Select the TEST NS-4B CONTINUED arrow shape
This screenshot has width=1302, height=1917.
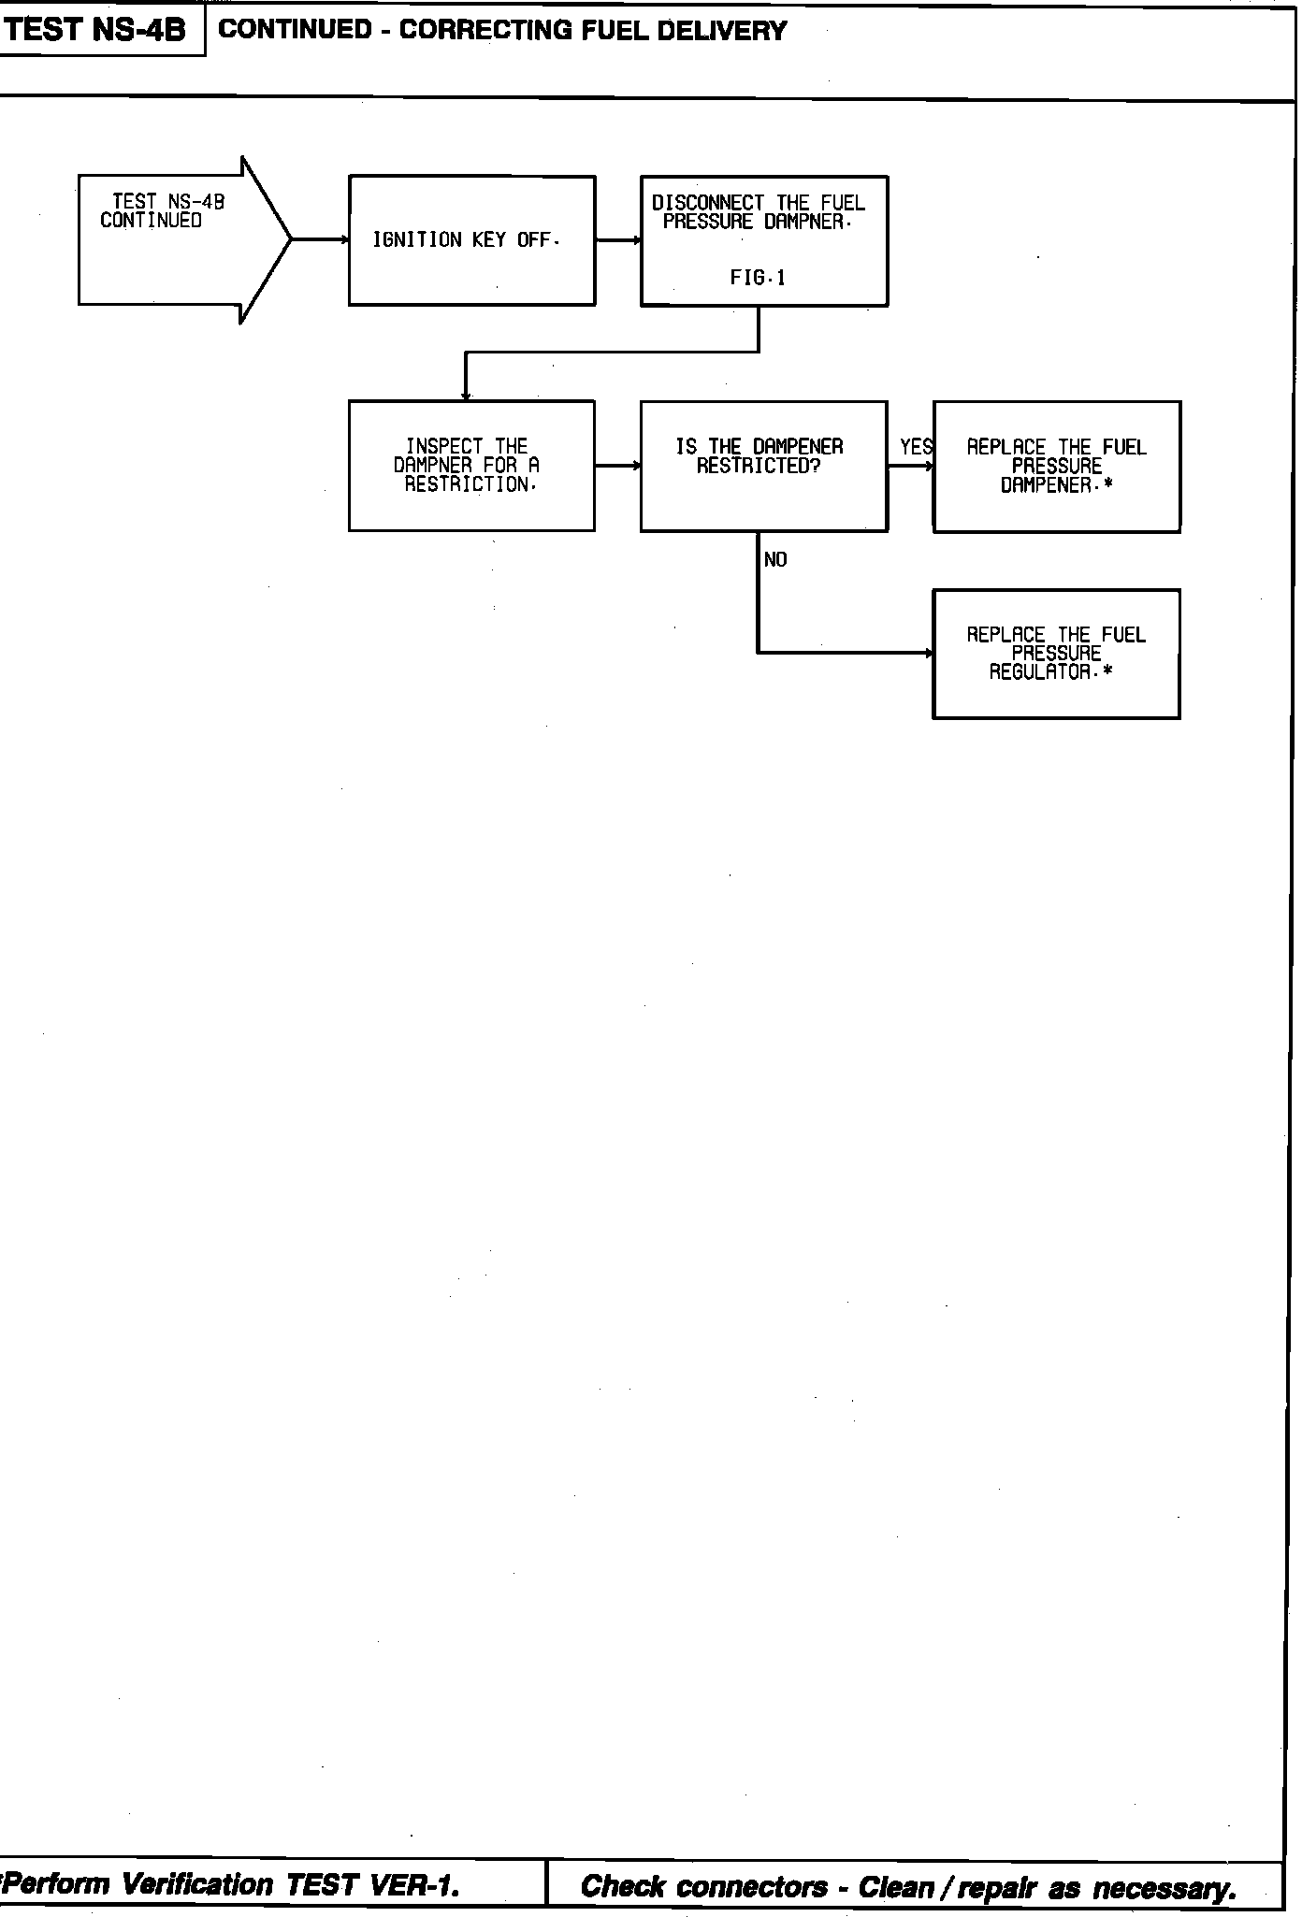(x=178, y=239)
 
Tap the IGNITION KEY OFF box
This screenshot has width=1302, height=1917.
(x=471, y=240)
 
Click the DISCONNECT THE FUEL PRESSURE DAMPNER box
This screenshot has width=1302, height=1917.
(x=763, y=240)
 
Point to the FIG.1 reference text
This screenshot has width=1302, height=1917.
(x=758, y=278)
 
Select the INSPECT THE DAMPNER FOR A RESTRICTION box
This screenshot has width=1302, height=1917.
(x=471, y=466)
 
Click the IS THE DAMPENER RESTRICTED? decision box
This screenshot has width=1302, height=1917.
(x=763, y=466)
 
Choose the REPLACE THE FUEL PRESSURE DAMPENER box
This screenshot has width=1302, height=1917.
(x=1056, y=467)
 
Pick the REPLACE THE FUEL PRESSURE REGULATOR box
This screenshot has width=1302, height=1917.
(x=1056, y=654)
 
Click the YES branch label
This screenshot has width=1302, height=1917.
(x=916, y=448)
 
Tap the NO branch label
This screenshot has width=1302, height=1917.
(x=775, y=560)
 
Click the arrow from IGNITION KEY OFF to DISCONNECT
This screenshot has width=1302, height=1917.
(x=617, y=240)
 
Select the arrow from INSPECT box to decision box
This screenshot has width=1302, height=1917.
(x=617, y=465)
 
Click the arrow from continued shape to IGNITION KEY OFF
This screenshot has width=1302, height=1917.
(x=320, y=239)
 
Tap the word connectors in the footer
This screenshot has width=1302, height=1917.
(x=753, y=1886)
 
